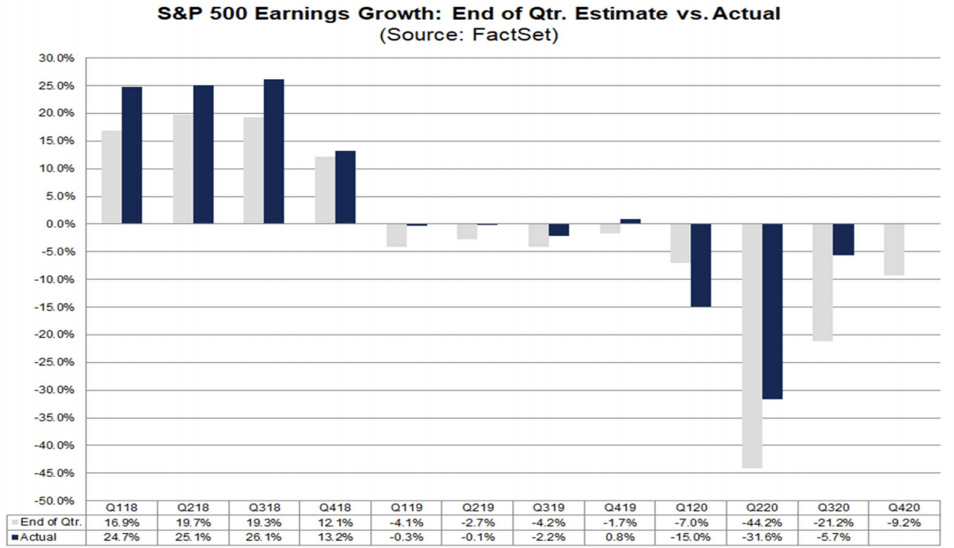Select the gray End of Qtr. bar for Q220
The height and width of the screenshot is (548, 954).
tap(752, 346)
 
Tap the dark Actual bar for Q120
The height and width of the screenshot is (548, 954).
tap(700, 265)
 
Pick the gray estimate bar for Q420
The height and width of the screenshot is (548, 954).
tap(895, 249)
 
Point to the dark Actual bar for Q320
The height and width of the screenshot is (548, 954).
tap(843, 240)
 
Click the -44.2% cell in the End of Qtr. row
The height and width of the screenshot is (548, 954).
tap(763, 523)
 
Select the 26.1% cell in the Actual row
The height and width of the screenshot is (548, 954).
tap(265, 538)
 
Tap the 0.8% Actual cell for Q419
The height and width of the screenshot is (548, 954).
tap(620, 538)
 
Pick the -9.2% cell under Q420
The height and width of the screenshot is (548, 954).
tap(905, 523)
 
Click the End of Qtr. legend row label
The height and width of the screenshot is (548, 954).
tap(48, 523)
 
